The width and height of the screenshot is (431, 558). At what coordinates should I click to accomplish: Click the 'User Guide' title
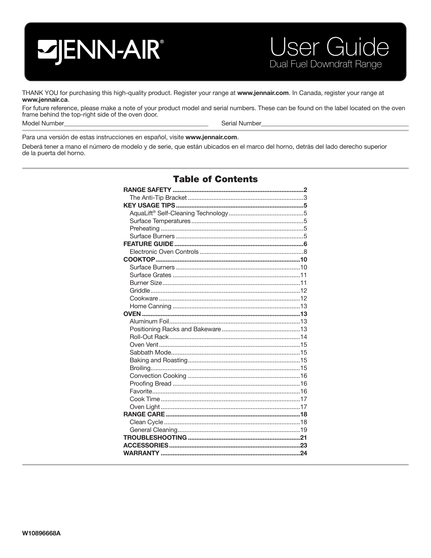point(329,48)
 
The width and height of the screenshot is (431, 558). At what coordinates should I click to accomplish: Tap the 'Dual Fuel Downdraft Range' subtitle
point(325,64)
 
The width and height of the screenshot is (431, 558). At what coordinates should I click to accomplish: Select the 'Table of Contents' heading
point(215,179)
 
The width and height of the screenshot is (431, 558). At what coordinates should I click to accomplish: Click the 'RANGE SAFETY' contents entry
point(147,190)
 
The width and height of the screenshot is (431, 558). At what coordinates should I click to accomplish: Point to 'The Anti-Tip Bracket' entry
point(158,198)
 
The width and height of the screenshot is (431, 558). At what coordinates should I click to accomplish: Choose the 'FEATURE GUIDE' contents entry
point(148,244)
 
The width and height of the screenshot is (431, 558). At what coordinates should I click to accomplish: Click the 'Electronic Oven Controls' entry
point(164,252)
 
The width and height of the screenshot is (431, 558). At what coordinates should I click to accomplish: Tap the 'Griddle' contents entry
point(140,291)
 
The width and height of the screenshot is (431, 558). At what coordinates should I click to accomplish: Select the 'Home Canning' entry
point(150,306)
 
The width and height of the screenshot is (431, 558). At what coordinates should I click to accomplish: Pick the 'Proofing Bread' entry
point(150,384)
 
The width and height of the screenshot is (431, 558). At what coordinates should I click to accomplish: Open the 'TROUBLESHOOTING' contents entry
point(155,438)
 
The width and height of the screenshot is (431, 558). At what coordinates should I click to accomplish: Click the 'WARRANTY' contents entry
point(141,453)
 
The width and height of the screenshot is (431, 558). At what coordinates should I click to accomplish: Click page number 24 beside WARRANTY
point(304,453)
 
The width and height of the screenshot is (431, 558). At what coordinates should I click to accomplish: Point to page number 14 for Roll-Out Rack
point(304,337)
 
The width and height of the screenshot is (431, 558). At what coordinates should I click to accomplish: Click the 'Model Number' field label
point(43,123)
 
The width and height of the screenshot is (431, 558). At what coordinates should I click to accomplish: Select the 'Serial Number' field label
point(241,123)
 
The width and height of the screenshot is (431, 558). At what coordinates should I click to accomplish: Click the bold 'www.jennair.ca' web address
point(45,100)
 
